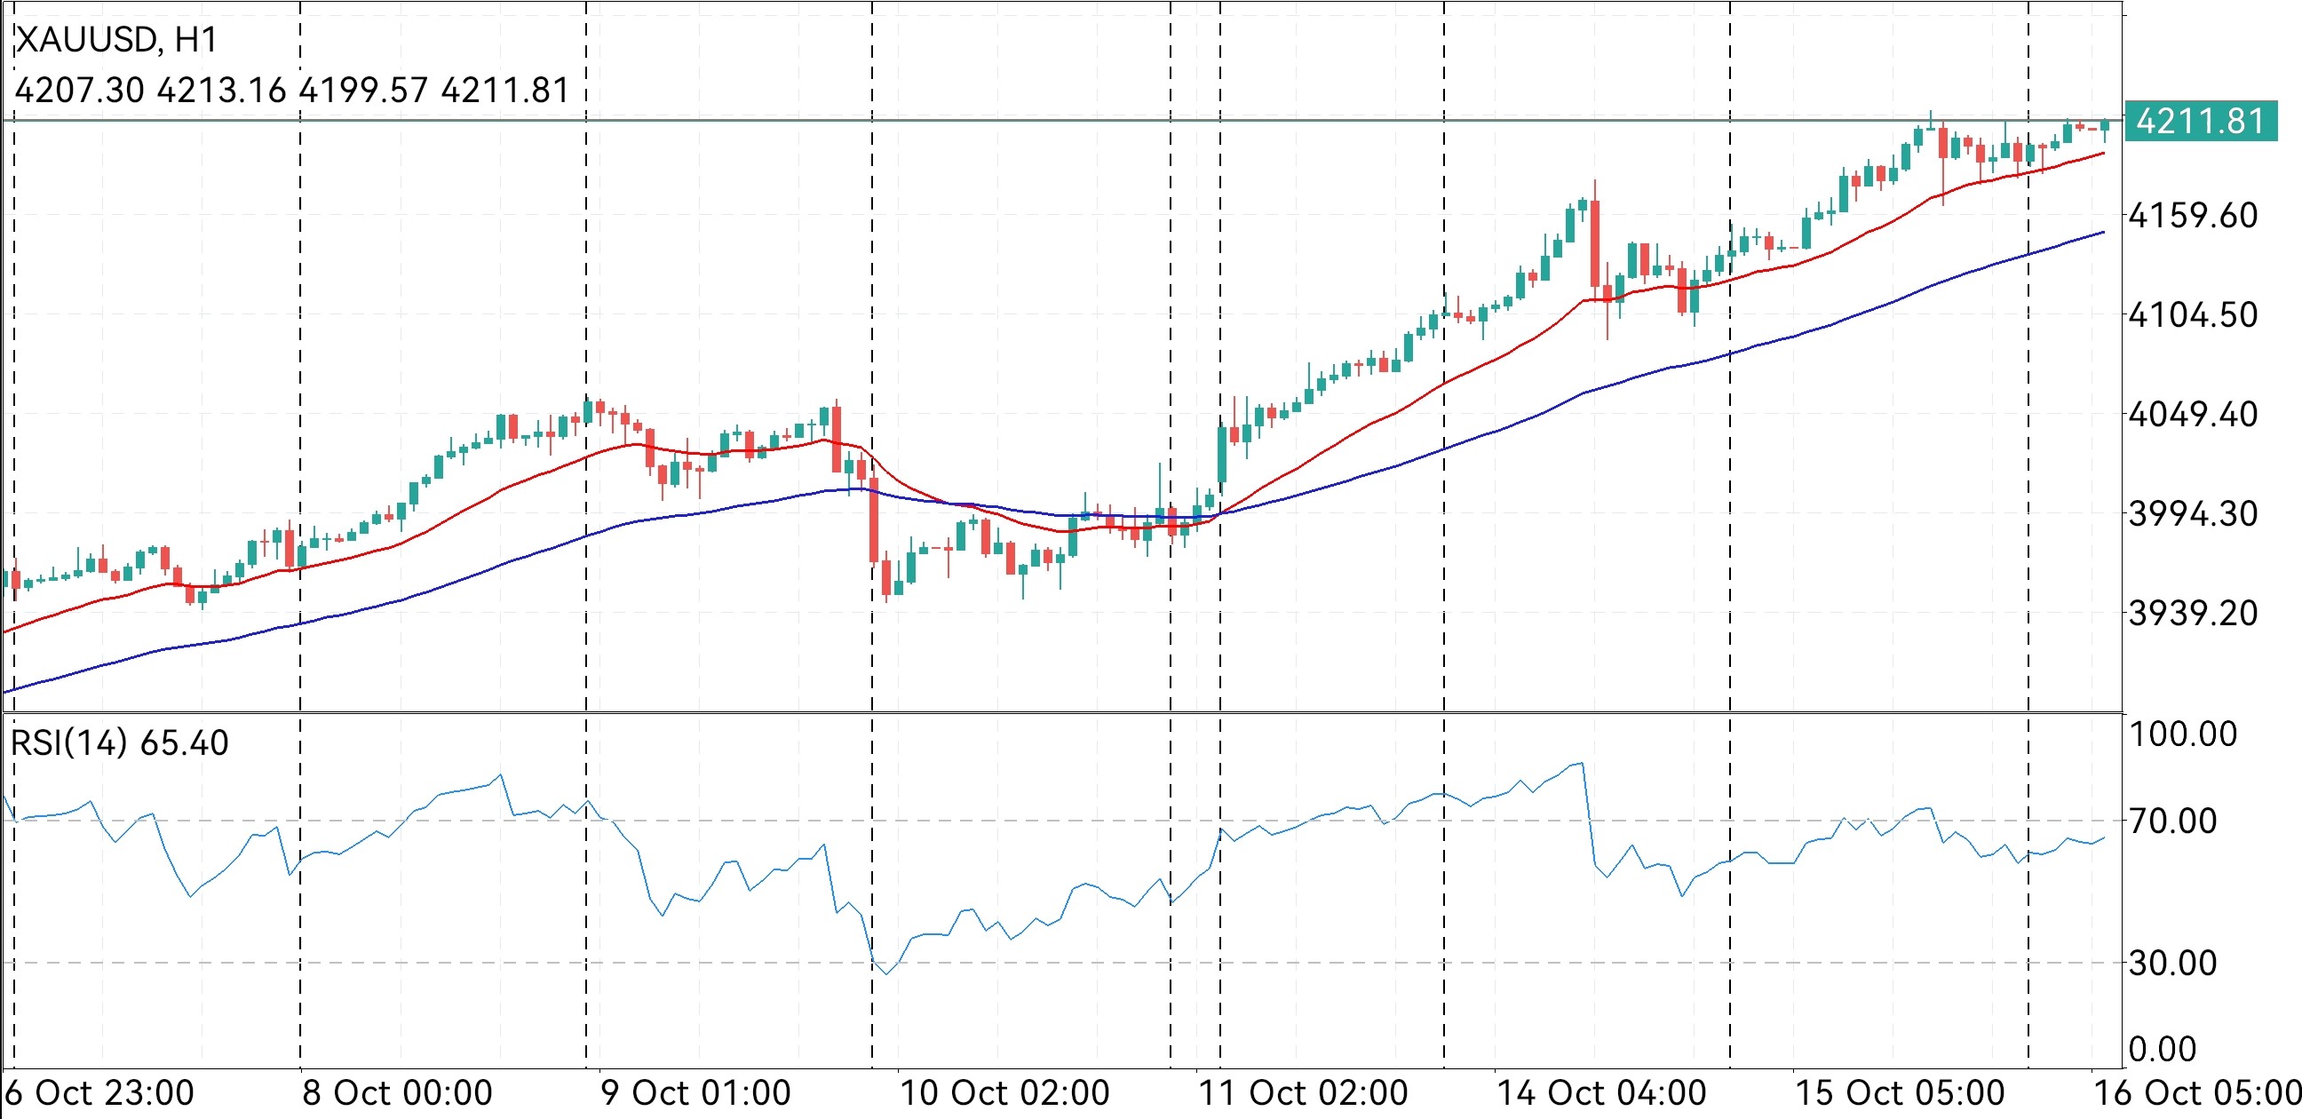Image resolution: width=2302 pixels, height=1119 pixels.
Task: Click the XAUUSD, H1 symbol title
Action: [116, 40]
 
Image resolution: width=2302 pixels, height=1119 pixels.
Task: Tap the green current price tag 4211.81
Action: [2201, 122]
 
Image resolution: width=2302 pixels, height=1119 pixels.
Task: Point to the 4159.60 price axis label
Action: [2193, 216]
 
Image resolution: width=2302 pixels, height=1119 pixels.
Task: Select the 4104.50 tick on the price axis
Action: [2193, 314]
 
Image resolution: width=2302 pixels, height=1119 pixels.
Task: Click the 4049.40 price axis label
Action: [2193, 414]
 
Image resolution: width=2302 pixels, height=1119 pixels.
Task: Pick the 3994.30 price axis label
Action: [2193, 514]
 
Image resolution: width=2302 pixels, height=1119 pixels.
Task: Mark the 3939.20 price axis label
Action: [2193, 613]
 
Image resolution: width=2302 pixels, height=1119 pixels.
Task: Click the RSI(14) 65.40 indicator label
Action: [120, 742]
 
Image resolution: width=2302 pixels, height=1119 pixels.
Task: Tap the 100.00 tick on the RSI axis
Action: [2182, 734]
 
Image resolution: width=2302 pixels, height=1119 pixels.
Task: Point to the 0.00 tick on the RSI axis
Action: [2163, 1048]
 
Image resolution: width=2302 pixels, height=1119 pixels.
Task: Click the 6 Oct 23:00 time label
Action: [100, 1093]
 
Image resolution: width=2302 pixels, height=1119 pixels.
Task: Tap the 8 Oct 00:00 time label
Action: [397, 1093]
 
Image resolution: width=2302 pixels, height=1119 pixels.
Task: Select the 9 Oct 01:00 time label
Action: [695, 1093]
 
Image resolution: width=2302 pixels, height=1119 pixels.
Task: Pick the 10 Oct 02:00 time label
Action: [1004, 1093]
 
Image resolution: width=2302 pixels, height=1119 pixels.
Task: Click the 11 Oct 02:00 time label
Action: [1302, 1093]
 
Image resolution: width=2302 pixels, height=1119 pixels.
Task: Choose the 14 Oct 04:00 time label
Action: [1600, 1093]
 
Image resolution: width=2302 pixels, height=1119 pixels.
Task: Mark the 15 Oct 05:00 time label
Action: [1899, 1093]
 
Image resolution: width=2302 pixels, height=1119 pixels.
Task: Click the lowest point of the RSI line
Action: [886, 973]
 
